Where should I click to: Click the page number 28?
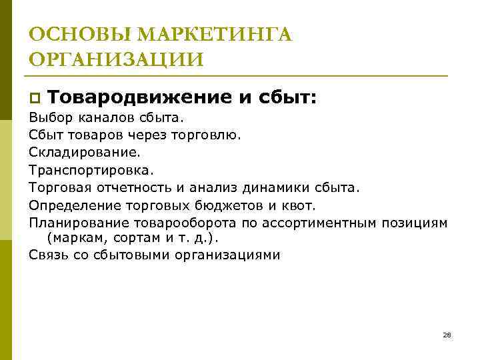(x=447, y=334)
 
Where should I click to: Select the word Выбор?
(x=47, y=118)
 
